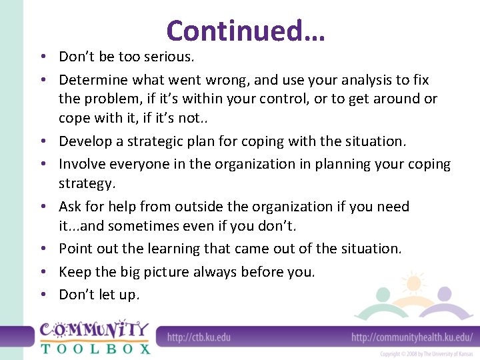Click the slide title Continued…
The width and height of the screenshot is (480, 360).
(x=245, y=31)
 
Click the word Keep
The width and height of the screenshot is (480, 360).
(x=73, y=272)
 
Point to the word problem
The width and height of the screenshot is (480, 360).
(x=109, y=99)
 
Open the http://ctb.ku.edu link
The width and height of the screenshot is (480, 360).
(x=199, y=337)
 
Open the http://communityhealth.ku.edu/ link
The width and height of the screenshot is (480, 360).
(x=412, y=337)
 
